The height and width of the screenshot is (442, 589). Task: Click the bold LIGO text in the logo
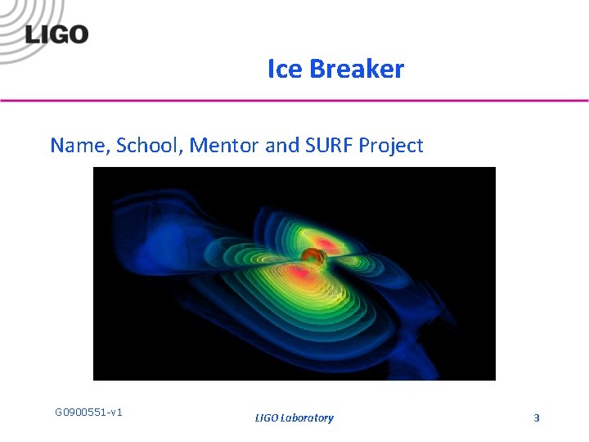[56, 34]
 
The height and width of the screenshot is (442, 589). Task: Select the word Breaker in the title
[357, 70]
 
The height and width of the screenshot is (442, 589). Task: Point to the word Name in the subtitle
[79, 146]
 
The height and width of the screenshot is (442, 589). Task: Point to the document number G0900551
[79, 412]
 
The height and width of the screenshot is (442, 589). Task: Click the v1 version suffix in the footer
[115, 412]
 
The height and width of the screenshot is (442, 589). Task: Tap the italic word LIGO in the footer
[266, 418]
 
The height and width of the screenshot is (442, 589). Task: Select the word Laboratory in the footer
[307, 418]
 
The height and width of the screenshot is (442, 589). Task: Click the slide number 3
[537, 418]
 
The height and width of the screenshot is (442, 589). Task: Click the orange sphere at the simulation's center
[311, 260]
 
